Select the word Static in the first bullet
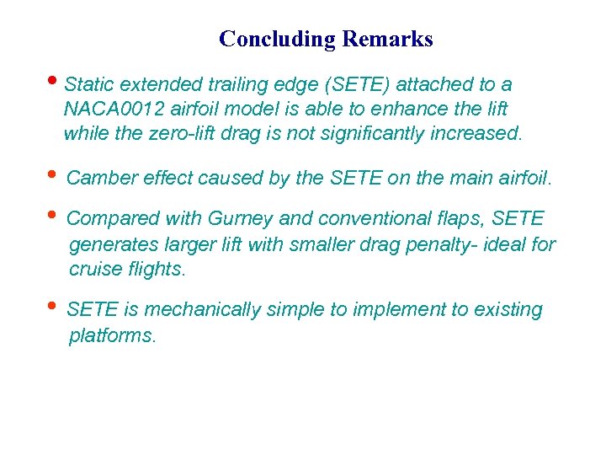point(90,85)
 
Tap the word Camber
point(97,178)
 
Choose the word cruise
point(92,270)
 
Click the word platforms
point(111,335)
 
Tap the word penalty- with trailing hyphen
point(461,245)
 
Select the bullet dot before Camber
point(56,175)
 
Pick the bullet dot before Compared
point(56,217)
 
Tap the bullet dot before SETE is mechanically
point(56,308)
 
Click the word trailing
point(246,85)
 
